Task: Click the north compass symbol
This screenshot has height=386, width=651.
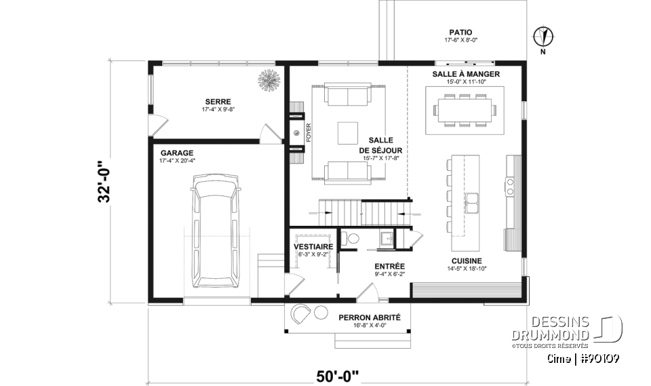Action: (x=544, y=35)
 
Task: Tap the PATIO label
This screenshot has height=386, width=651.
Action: (x=460, y=32)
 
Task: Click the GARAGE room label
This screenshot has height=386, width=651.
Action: (x=176, y=153)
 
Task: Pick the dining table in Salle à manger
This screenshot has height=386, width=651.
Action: (x=465, y=109)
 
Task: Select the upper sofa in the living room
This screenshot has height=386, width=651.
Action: (x=348, y=95)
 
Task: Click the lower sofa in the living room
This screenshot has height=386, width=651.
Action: (x=348, y=172)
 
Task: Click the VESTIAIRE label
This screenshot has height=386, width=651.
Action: (x=313, y=246)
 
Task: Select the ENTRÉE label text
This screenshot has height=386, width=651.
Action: (x=389, y=267)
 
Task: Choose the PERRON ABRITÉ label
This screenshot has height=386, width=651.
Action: (x=370, y=317)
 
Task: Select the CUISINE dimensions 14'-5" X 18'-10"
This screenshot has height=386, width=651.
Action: (x=467, y=269)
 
